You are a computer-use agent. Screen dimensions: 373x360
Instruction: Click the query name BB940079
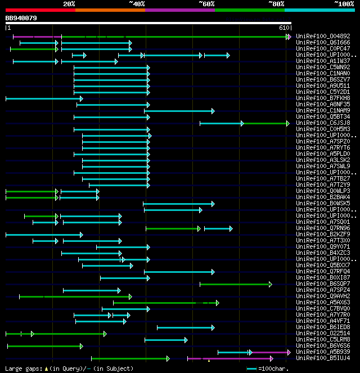[x=21, y=18]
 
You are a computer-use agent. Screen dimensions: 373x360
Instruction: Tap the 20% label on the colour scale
[x=69, y=4]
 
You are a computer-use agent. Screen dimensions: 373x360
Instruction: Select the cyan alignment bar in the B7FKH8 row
[x=44, y=98]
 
